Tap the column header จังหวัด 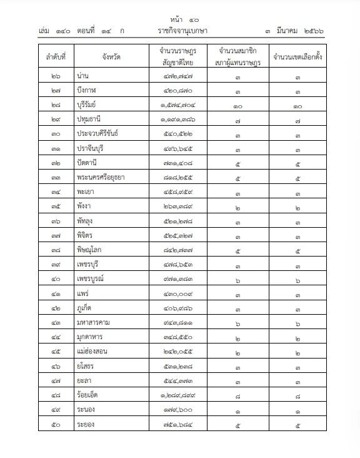point(111,55)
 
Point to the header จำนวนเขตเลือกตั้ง point(298,55)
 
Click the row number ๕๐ point(56,425)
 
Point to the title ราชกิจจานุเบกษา point(183,30)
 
